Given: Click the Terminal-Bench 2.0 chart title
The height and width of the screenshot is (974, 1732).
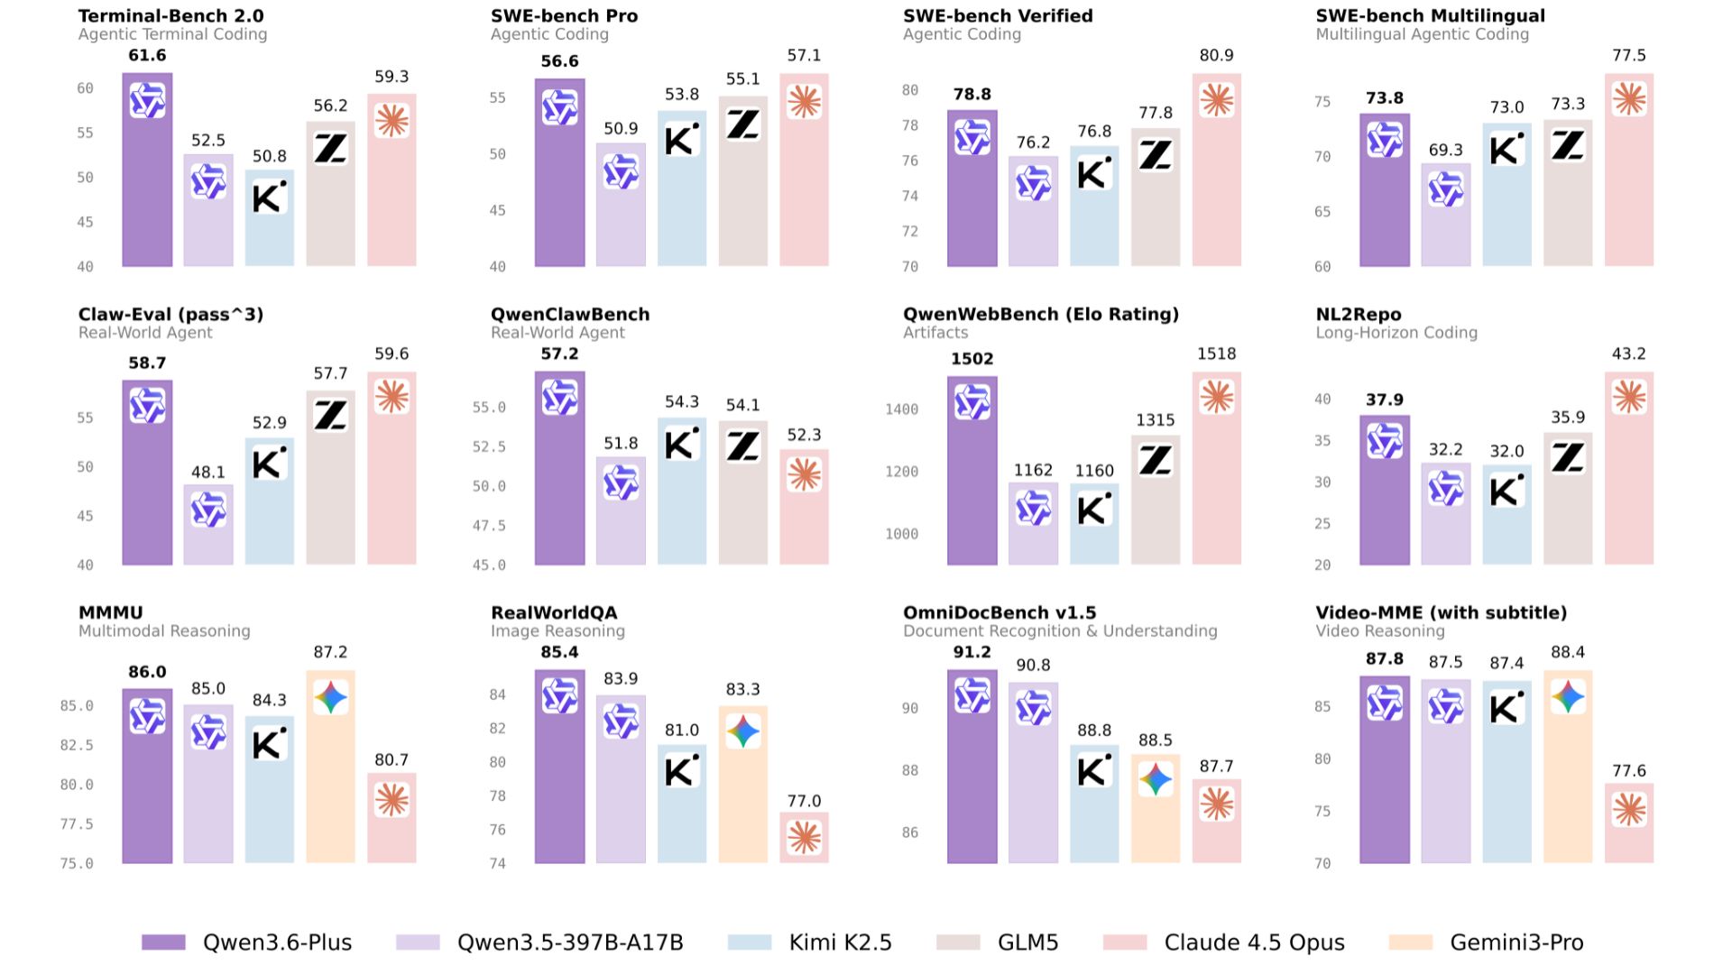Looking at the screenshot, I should pos(170,15).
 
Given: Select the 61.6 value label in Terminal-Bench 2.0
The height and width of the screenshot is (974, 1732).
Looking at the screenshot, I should pos(147,55).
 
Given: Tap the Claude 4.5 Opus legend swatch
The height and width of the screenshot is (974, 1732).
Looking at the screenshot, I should pos(1125,942).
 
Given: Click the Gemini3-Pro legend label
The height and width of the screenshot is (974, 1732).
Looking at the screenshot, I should pos(1516,942).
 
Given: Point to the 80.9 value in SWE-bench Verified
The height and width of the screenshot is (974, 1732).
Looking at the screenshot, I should pos(1216,55).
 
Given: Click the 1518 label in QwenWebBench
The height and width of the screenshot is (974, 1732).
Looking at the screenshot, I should pos(1216,354).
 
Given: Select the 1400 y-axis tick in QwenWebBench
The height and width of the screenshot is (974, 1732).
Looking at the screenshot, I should pos(901,409).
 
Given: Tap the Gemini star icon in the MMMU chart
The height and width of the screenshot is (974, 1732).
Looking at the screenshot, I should pos(330,697).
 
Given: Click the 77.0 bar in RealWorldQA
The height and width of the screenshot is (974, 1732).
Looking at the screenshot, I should pos(804,839).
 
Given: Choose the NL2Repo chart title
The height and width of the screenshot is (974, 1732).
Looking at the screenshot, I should pos(1359,314).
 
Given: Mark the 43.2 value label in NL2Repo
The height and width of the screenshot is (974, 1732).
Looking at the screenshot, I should pos(1628,354).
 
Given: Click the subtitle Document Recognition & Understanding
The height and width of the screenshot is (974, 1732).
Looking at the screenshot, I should pos(1060,631).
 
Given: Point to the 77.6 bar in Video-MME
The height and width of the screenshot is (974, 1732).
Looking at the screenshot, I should pos(1628,822).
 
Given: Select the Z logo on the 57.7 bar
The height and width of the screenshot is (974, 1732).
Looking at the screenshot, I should pos(330,415).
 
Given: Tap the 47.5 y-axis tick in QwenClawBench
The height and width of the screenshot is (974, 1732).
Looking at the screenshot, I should pos(489,526).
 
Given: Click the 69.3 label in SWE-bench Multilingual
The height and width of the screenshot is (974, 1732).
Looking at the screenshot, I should pos(1445,150).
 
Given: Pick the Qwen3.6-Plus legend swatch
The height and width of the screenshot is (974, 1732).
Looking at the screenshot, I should pos(163,942).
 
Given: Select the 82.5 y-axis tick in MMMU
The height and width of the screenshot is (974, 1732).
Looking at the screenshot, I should pos(77,745).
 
